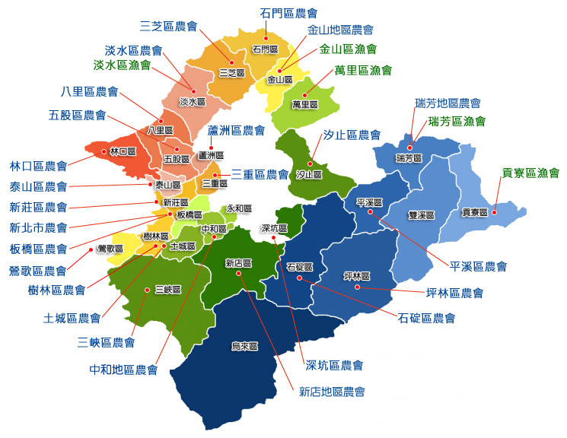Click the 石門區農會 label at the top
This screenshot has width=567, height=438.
[288, 13]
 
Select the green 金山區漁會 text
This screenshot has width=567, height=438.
[348, 49]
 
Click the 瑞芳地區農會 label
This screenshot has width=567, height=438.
[448, 103]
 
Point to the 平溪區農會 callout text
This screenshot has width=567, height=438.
[479, 266]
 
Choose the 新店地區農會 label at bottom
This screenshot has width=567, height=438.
[332, 392]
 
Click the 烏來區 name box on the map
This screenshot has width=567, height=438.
[244, 346]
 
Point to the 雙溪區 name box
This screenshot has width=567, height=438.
[420, 215]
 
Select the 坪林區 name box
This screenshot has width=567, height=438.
[356, 275]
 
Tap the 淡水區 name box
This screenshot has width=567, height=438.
[193, 101]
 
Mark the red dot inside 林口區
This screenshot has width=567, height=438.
[103, 151]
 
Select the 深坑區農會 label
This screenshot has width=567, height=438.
[334, 366]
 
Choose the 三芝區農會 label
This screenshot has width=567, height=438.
[168, 26]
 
